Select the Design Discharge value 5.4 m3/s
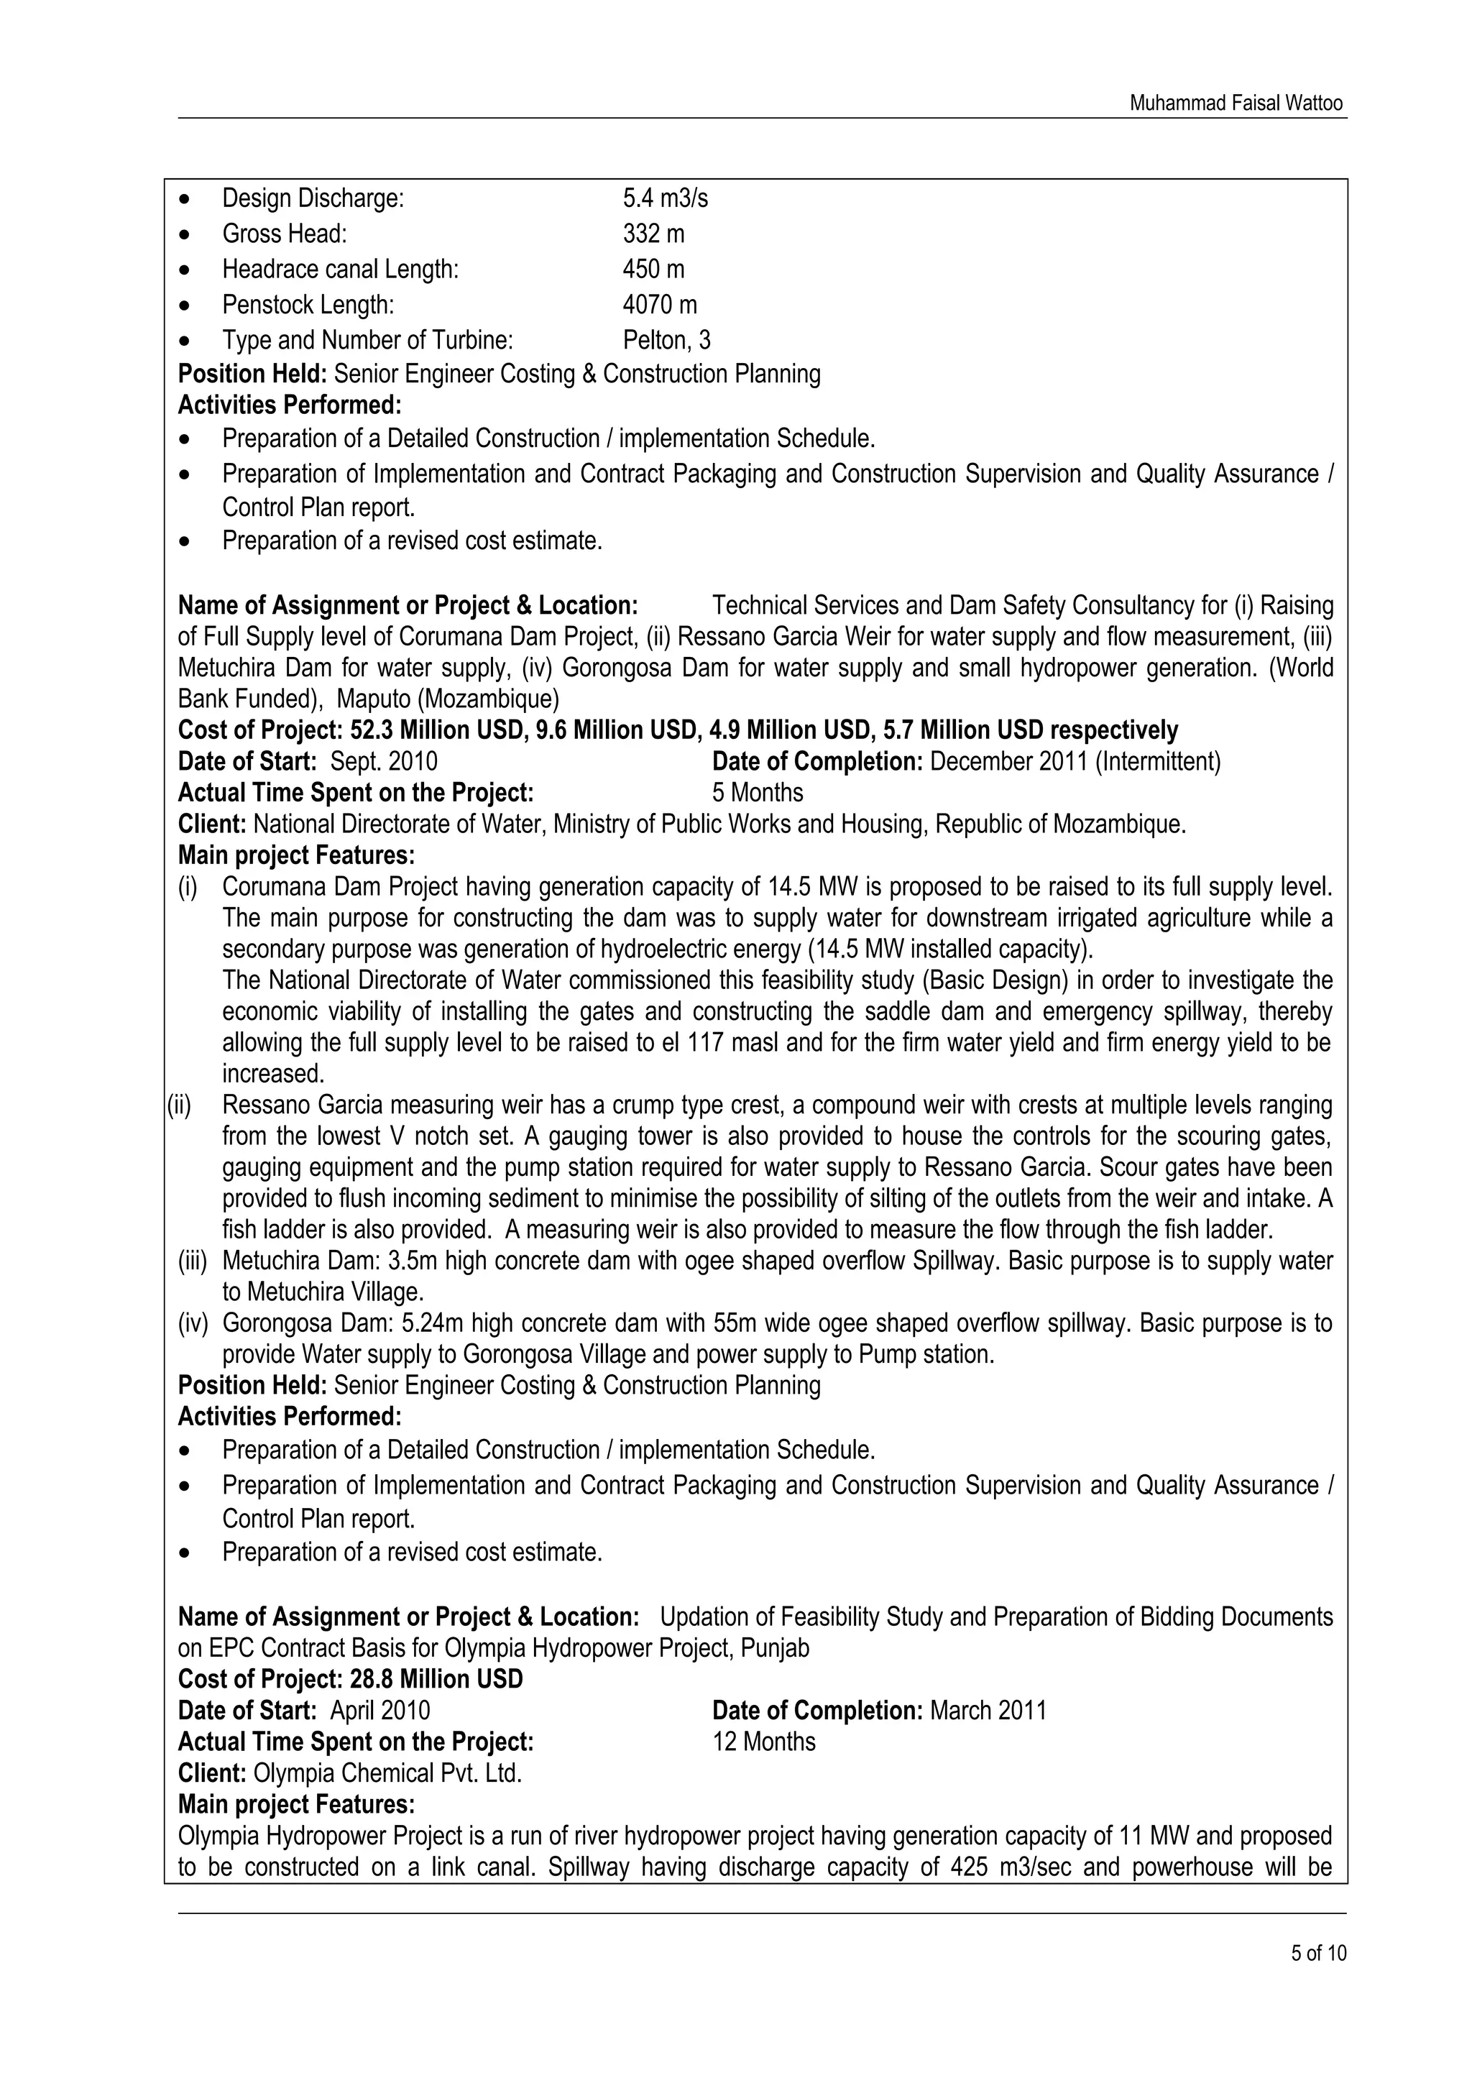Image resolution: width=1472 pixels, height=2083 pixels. (665, 198)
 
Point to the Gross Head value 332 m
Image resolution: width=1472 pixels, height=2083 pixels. (653, 234)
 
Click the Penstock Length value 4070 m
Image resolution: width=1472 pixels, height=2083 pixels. (659, 305)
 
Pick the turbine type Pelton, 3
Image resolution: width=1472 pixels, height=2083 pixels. (666, 340)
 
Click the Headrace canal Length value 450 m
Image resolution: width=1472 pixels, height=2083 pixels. (653, 270)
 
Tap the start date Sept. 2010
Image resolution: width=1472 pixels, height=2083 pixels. (384, 761)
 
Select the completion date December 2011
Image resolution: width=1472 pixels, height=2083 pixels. (1008, 761)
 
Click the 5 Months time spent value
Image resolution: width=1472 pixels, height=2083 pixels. (758, 793)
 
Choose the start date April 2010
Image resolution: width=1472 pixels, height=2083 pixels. (380, 1711)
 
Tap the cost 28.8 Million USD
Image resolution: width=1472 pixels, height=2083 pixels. (436, 1679)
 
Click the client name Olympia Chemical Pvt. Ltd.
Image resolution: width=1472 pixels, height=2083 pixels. (387, 1772)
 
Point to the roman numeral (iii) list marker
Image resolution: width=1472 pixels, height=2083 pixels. (193, 1261)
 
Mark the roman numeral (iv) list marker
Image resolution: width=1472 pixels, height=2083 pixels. (193, 1324)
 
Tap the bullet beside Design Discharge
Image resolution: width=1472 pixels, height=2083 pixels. (186, 198)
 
